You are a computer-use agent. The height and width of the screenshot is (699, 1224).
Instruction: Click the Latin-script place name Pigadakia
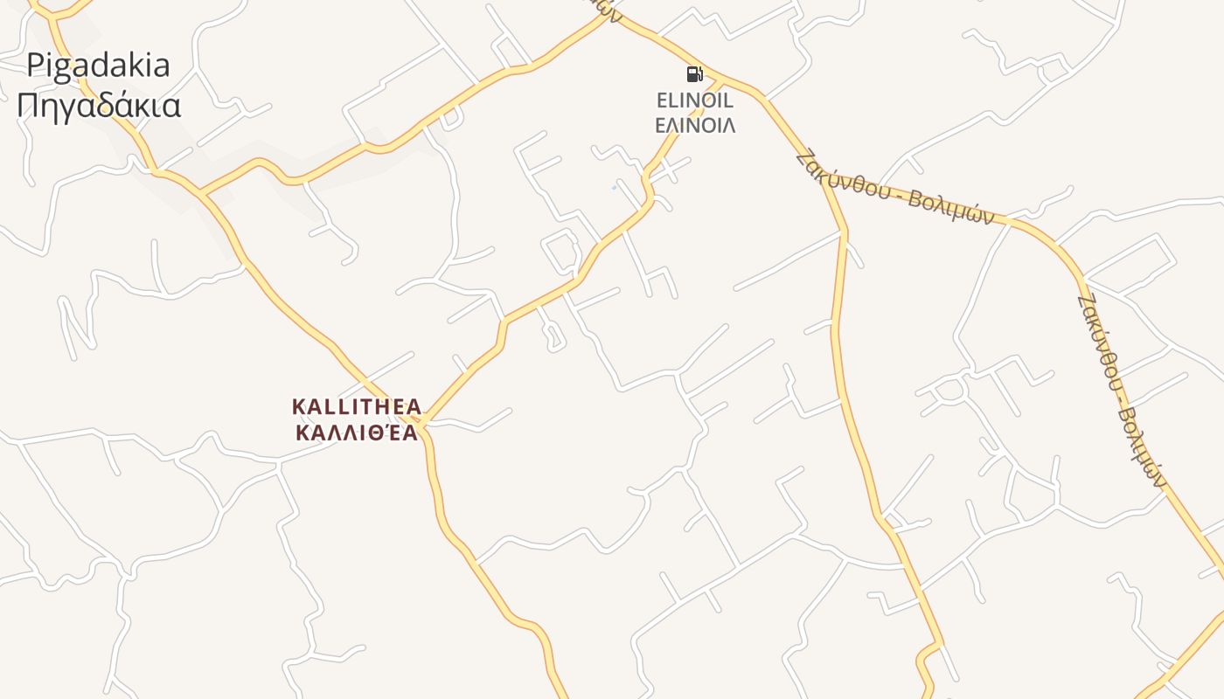[x=98, y=66]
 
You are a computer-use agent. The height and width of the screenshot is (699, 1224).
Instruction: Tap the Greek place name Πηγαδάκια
[x=99, y=106]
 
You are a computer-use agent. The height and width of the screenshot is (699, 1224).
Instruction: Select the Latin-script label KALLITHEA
[x=356, y=407]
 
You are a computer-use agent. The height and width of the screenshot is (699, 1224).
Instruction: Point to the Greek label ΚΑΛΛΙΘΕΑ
[x=356, y=433]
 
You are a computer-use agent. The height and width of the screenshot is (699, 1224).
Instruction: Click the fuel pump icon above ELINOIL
[x=694, y=74]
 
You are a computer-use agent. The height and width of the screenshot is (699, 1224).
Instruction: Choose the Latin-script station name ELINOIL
[x=695, y=101]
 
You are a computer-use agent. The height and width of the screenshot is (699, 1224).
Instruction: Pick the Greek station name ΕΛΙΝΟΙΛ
[x=695, y=125]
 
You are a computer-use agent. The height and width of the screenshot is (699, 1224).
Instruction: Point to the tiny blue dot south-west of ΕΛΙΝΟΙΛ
[x=614, y=187]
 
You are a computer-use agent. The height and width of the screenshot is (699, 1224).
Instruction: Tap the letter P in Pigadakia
[x=35, y=66]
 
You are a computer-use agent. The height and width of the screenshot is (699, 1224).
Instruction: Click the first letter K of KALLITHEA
[x=298, y=407]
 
